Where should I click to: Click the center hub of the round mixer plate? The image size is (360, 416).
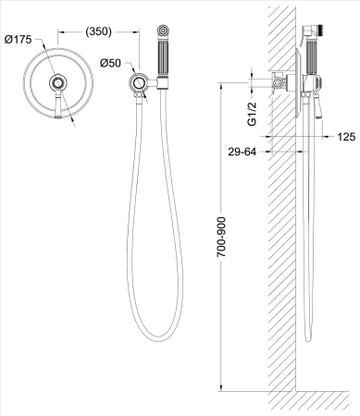58,84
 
